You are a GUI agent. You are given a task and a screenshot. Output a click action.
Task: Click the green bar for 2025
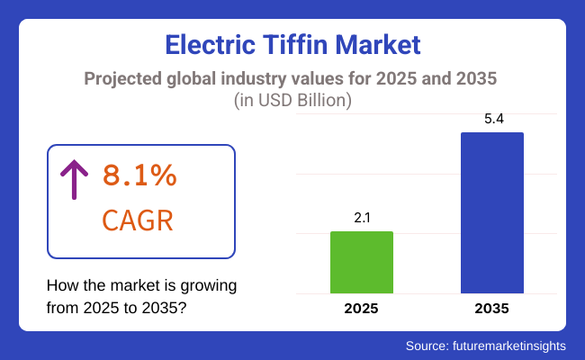click(x=362, y=262)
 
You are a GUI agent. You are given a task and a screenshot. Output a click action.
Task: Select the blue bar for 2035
click(x=492, y=212)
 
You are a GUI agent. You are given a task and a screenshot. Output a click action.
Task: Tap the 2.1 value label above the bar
click(x=362, y=217)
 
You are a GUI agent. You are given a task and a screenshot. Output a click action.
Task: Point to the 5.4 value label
click(x=492, y=118)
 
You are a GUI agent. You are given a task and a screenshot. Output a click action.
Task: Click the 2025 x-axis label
click(x=362, y=309)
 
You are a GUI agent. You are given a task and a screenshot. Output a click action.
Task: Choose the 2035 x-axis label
click(x=492, y=309)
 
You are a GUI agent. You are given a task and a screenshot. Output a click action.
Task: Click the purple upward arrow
click(x=74, y=180)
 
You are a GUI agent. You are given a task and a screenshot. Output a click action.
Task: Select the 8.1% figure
click(x=139, y=176)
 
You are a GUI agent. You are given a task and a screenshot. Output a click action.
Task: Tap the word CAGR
click(x=138, y=220)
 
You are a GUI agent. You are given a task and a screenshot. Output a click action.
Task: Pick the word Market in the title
click(x=386, y=43)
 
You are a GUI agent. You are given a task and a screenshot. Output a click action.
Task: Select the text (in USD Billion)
click(x=292, y=101)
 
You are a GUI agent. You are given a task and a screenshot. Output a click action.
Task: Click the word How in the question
click(x=62, y=286)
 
